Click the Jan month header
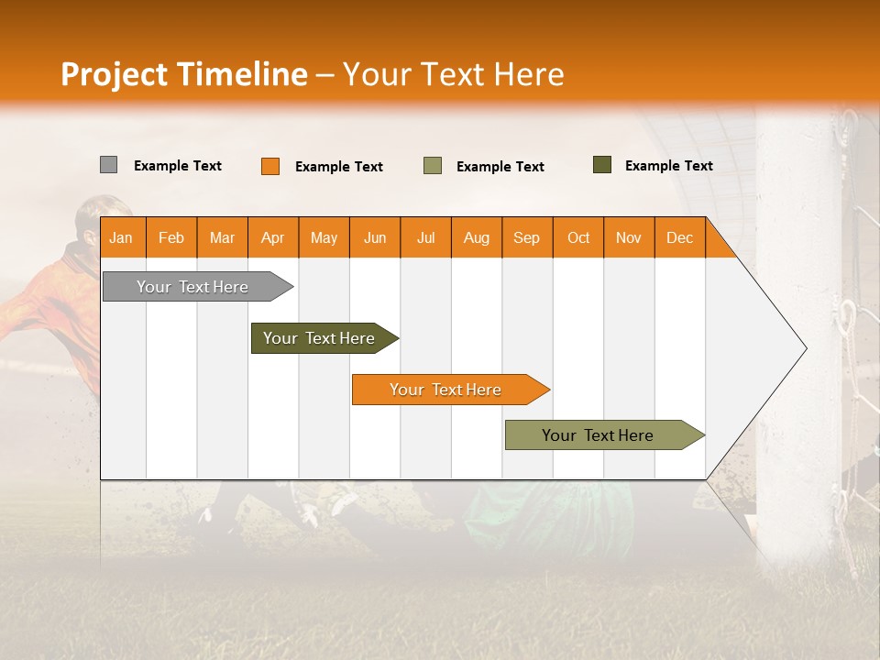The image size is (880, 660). coord(121,237)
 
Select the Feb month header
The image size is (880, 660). coord(171,237)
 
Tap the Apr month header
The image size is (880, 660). coord(272,237)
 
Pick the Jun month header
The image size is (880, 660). coord(374,237)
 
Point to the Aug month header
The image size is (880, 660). coord(476,237)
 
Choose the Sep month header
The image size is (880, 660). coord(526,237)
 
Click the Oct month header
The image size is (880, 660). coord(577,237)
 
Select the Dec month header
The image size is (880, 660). coord(679,237)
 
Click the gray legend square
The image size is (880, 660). coord(108,165)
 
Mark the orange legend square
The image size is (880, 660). coord(269,166)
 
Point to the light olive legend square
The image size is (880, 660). coord(432,166)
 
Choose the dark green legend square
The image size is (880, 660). coord(601,165)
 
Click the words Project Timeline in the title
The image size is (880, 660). coord(184,74)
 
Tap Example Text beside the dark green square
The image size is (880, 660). coord(668,166)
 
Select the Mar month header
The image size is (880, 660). coord(222,237)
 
